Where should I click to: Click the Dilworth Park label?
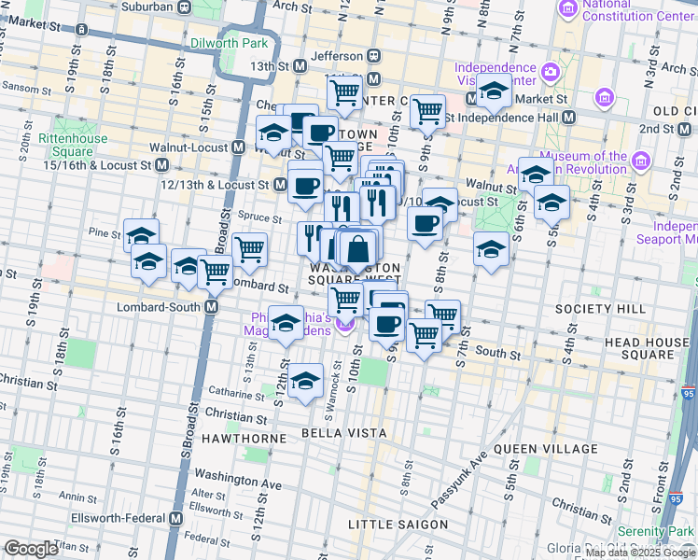[229, 43]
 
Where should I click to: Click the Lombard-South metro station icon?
[212, 306]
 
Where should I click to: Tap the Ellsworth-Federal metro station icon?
[177, 518]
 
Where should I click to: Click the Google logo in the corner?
[31, 549]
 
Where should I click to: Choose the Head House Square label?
[647, 348]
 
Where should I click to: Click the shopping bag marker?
[357, 250]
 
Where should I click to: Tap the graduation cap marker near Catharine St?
[305, 381]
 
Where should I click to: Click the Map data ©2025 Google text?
[624, 553]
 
